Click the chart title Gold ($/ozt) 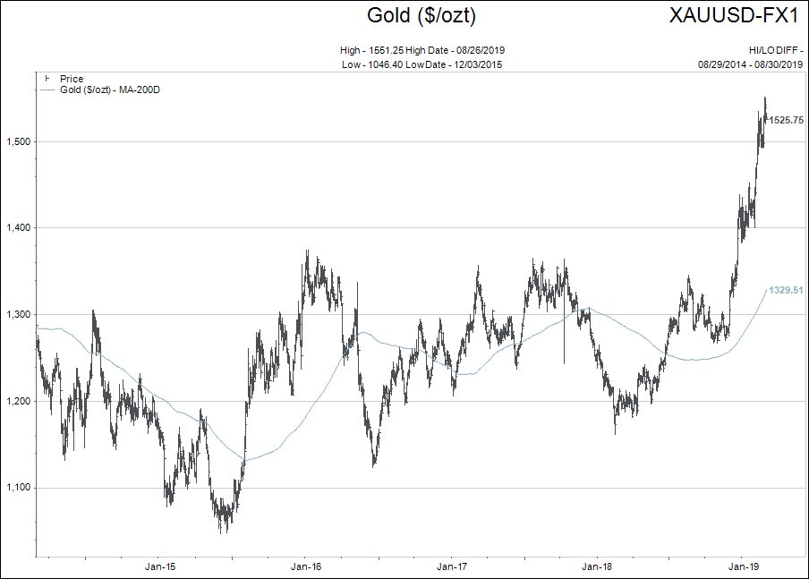point(422,15)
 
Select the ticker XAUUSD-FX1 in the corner point(735,15)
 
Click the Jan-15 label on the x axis point(159,567)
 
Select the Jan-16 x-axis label point(306,567)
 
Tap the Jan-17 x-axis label point(452,567)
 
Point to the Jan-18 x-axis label point(597,567)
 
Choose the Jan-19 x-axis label point(744,567)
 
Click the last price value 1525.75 point(785,120)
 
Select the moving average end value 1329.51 point(786,290)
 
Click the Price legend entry point(72,80)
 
